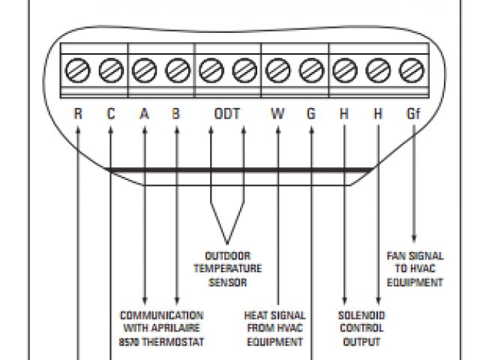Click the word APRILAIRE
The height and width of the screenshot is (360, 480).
[x=179, y=328]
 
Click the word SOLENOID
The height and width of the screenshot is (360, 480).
[x=361, y=315]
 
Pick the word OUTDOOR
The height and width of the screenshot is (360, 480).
[x=227, y=256]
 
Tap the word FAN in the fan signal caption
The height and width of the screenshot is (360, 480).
[x=397, y=256]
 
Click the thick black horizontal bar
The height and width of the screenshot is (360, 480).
[x=240, y=170]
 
